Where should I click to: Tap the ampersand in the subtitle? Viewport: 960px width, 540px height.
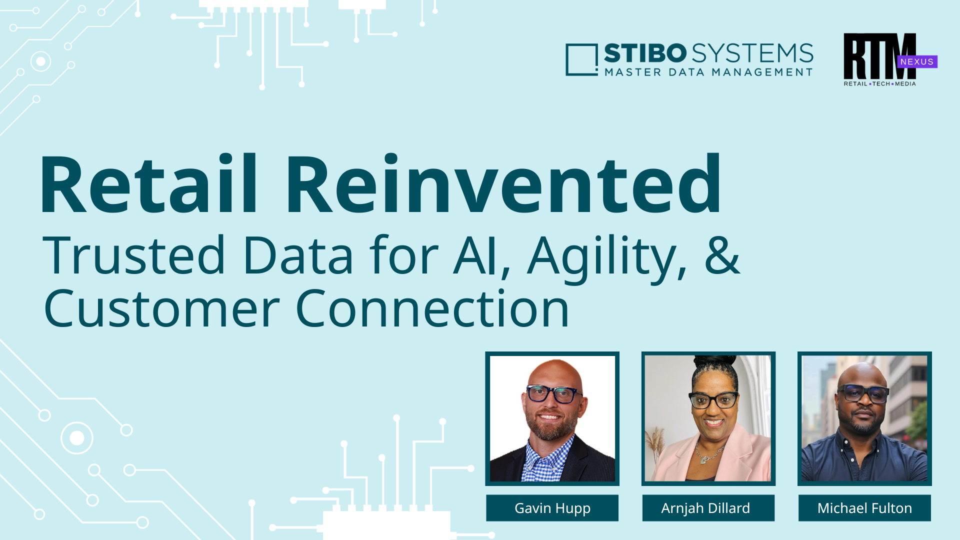722,255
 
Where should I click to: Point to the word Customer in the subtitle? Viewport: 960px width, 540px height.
161,308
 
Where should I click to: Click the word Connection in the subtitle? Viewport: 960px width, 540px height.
432,308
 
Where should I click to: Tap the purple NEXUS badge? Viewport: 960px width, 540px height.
917,61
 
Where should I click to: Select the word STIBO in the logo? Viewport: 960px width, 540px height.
645,53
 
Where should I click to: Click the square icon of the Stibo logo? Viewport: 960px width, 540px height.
581,60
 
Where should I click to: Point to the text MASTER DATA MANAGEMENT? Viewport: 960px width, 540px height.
708,72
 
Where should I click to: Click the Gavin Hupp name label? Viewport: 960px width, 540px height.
552,508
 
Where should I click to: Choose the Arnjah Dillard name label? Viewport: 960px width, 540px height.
708,508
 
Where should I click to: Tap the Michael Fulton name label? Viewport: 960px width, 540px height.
864,508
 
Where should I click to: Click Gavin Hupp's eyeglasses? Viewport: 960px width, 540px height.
553,394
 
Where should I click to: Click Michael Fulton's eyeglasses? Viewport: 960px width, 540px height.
863,393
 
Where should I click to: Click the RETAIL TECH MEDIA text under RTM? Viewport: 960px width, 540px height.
880,83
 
